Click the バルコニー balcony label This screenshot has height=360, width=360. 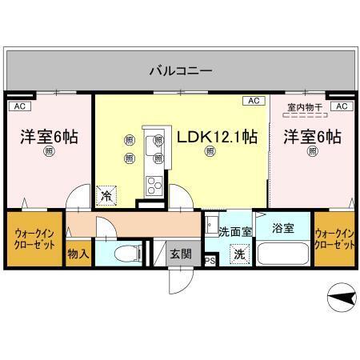coord(181,71)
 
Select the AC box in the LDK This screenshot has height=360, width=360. coord(254,101)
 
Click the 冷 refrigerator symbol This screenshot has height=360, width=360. coord(106,194)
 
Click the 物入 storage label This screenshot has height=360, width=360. coord(77,254)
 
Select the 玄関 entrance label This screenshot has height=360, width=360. coord(180,254)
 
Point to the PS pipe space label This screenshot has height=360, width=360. coord(210,260)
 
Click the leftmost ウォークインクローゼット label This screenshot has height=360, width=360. coord(34,239)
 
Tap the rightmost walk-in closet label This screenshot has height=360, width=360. coord(334,238)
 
